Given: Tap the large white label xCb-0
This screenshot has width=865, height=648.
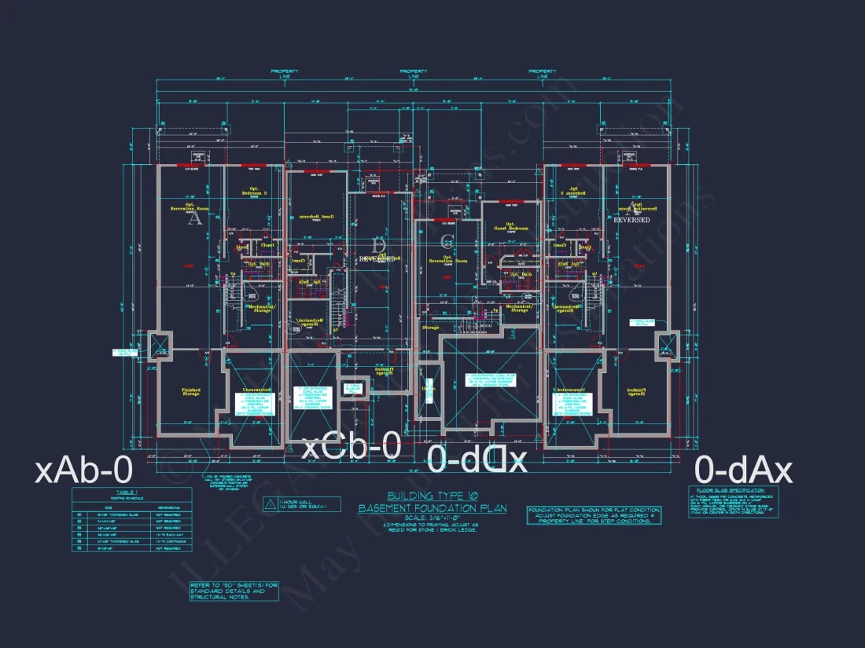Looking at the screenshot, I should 352,447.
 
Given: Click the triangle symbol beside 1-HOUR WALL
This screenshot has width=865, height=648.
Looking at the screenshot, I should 269,503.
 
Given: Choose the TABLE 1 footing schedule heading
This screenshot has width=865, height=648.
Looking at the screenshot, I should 131,491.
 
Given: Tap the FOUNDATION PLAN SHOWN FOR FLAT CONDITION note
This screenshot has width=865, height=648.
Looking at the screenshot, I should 594,511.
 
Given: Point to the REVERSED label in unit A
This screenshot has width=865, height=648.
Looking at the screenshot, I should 631,221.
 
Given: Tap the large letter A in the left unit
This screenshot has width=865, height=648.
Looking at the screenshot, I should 194,219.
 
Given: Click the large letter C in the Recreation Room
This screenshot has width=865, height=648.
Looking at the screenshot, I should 447,240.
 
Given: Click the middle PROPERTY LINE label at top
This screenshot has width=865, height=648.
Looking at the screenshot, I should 413,74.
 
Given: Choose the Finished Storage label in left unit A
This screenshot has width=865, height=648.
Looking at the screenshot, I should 191,392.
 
